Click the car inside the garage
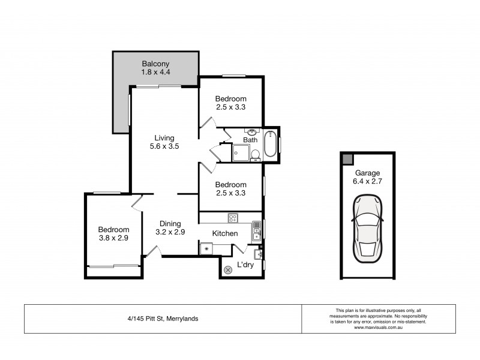367,229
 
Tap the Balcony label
156,64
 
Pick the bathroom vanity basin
252,133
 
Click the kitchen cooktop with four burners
233,218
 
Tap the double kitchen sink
256,228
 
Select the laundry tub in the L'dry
259,254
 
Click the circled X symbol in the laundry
228,270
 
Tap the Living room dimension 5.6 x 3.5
164,146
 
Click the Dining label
170,224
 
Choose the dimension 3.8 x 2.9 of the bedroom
113,238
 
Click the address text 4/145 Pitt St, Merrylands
163,319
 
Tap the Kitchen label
225,233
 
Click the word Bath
250,140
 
